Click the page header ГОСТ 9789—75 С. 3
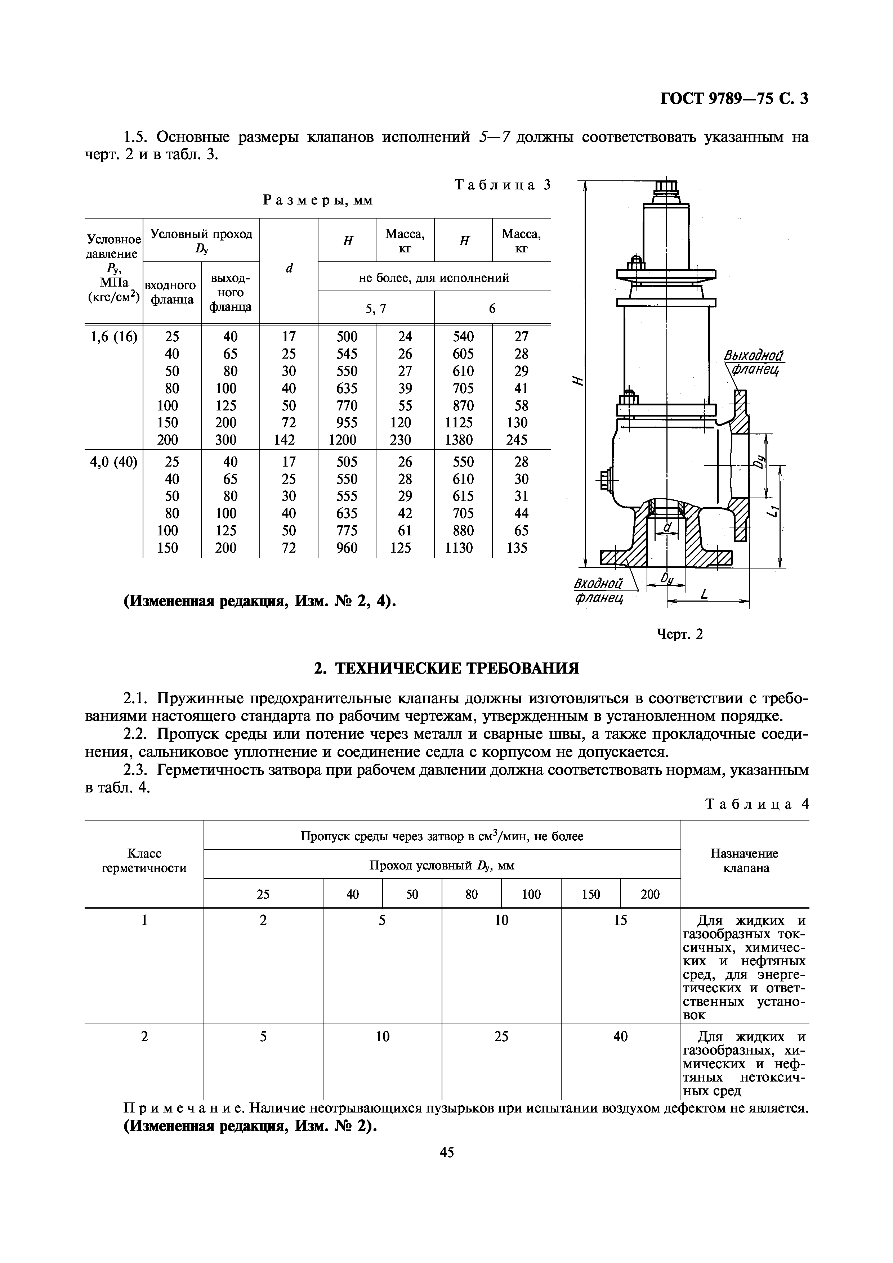(x=734, y=98)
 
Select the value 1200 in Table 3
(x=347, y=440)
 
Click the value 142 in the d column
(x=288, y=440)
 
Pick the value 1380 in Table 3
(x=463, y=440)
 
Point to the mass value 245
(x=521, y=440)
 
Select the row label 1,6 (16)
(x=113, y=336)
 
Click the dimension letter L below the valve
(x=704, y=595)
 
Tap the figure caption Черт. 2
(x=680, y=634)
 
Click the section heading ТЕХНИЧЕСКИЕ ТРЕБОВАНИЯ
(x=446, y=668)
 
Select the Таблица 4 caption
(x=756, y=804)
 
